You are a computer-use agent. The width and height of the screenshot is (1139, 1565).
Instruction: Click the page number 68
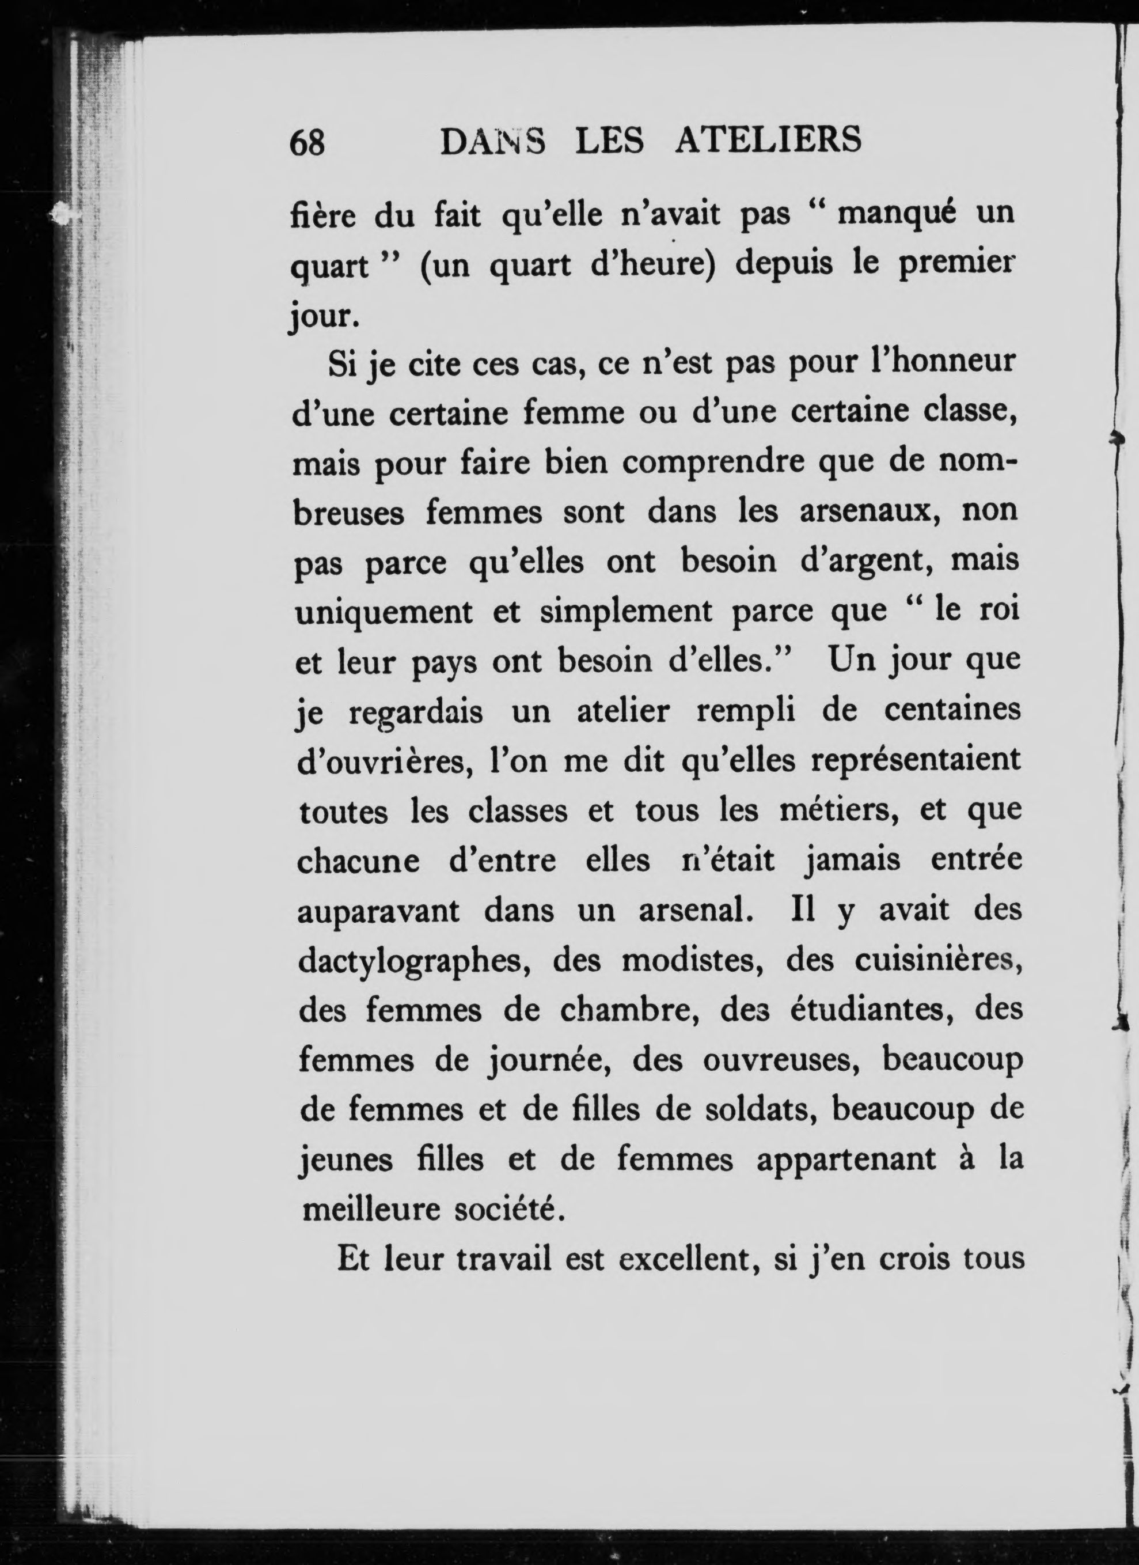(x=307, y=143)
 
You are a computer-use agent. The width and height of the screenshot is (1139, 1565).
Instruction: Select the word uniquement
(x=384, y=613)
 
